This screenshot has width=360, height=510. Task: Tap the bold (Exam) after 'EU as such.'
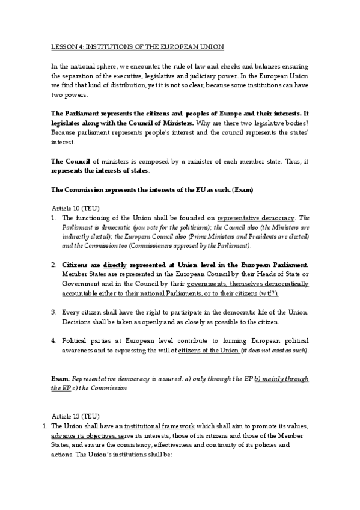pyautogui.click(x=243, y=190)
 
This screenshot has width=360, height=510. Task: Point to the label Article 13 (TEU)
pyautogui.click(x=73, y=416)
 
